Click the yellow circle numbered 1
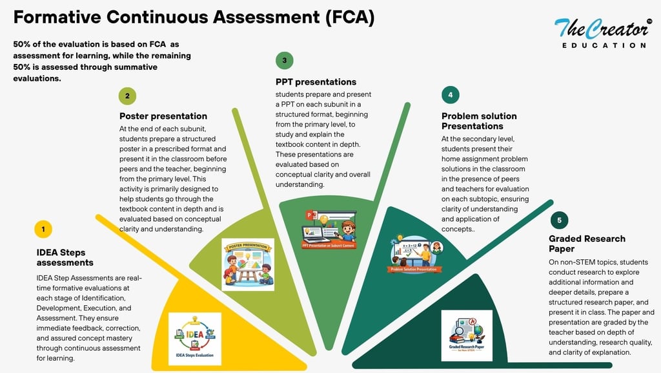[x=43, y=229]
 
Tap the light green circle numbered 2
[x=127, y=96]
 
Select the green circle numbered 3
[x=284, y=61]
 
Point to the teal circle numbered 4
[x=450, y=95]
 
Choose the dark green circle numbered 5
[x=559, y=220]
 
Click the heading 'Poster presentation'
[x=163, y=116]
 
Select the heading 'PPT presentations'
[x=316, y=82]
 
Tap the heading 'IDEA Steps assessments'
[x=65, y=257]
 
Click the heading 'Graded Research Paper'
[x=587, y=244]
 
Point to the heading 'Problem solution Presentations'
[x=479, y=121]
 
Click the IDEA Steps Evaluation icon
[x=194, y=339]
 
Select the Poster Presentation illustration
[x=248, y=264]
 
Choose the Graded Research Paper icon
[x=467, y=336]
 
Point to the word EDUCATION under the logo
[x=604, y=45]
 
